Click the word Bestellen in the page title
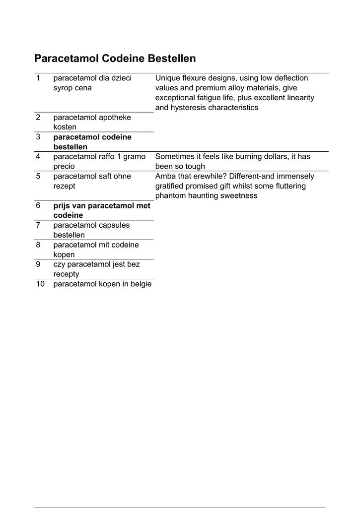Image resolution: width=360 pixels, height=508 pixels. pos(172,59)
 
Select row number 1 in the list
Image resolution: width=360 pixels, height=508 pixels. pos(38,78)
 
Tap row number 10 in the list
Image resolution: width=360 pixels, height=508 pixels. pos(40,284)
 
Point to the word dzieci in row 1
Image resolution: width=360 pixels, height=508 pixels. pos(121,78)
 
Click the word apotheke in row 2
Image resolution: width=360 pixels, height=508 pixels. pos(116,118)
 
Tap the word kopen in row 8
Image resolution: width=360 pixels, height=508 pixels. pos(64,254)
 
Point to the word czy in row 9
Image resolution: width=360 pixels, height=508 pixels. pos(59,264)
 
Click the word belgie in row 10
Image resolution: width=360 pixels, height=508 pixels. pos(141,284)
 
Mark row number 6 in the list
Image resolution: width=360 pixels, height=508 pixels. pos(38,205)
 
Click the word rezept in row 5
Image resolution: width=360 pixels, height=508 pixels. pos(65,186)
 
